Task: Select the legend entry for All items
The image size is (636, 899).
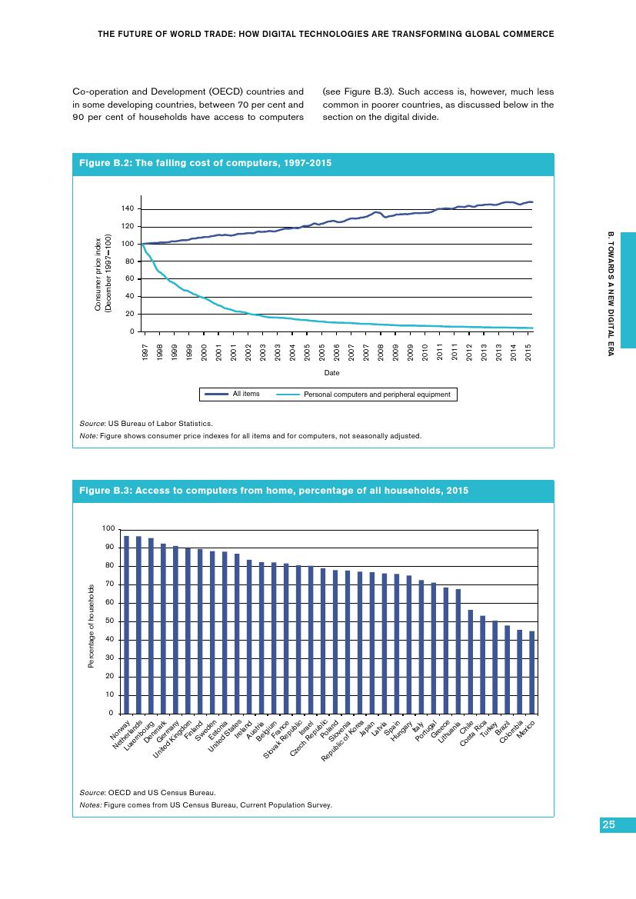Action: pos(246,394)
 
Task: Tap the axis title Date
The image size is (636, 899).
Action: pos(331,372)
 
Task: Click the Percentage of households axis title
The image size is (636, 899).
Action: pos(91,625)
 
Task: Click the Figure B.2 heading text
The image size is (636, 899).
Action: pos(206,163)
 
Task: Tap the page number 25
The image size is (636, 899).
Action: pos(608,824)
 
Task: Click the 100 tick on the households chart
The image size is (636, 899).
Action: pos(108,529)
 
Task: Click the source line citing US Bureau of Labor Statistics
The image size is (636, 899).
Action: pos(146,423)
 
